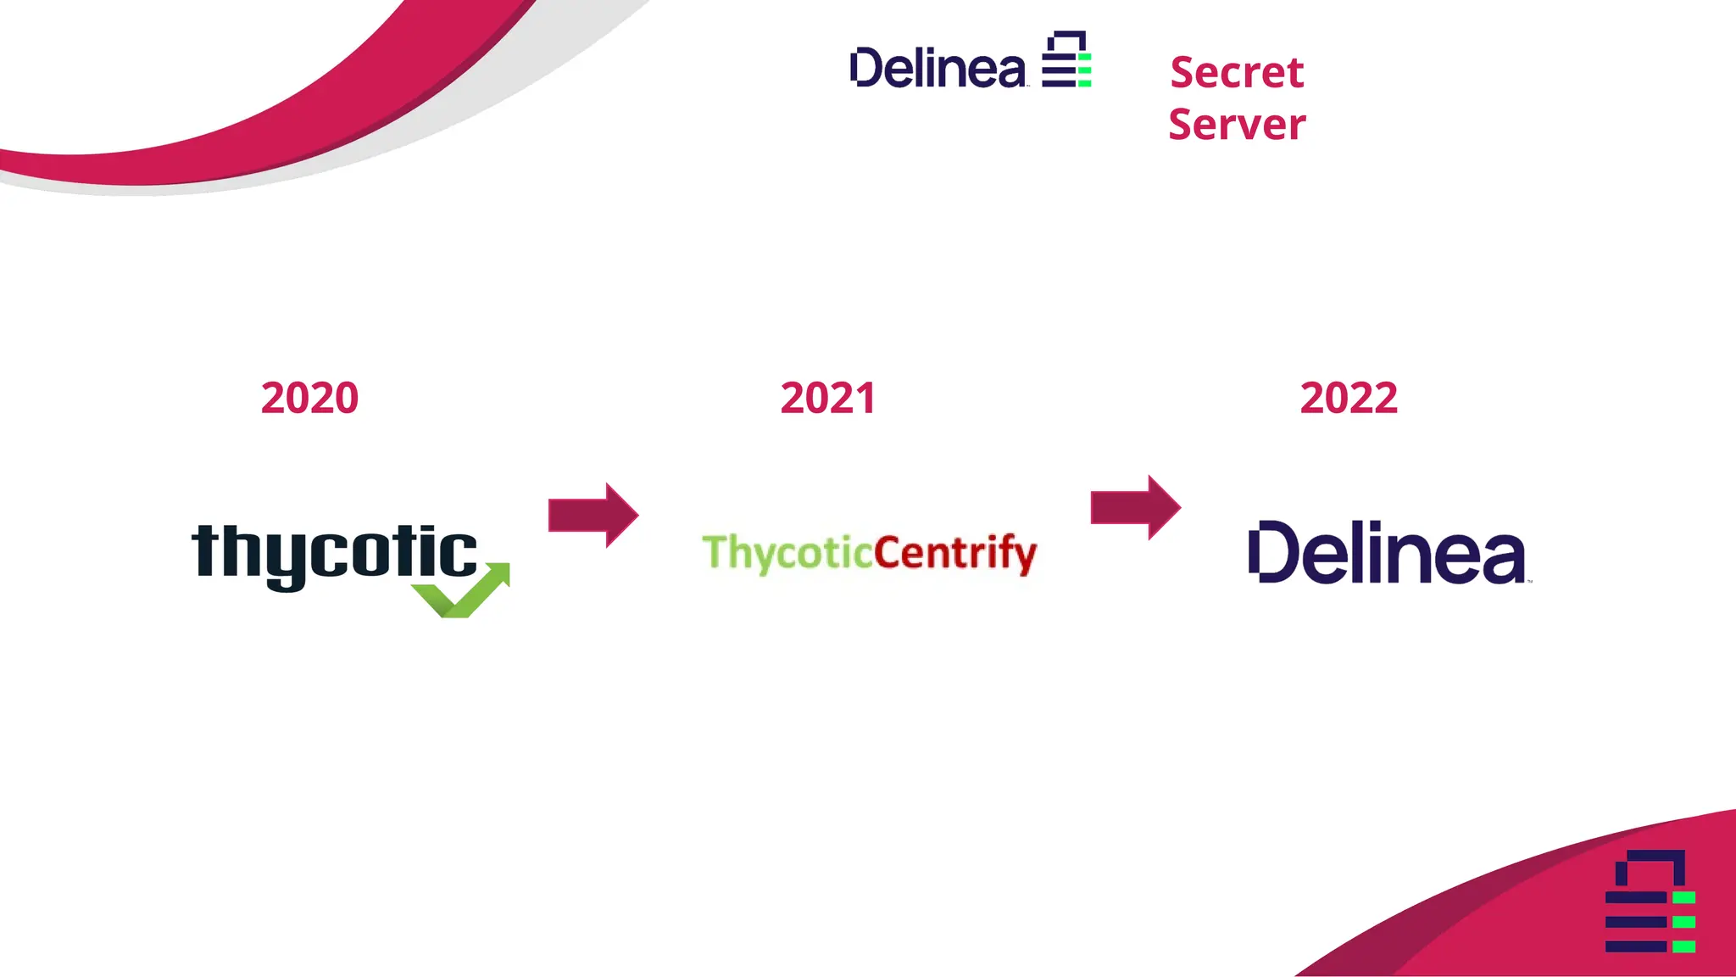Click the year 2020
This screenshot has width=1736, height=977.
pos(309,398)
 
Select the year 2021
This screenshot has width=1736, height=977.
pos(828,398)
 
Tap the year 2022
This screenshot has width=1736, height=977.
pos(1349,398)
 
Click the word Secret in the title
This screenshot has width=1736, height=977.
pos(1237,72)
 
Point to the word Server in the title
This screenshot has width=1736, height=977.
pos(1237,125)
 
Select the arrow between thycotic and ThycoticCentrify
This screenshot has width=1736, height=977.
pos(593,515)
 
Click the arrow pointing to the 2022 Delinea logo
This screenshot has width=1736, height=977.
pos(1135,507)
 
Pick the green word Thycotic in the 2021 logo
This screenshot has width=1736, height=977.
pos(787,552)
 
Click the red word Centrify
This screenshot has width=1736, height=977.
pos(954,553)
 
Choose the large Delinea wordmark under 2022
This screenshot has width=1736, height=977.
pos(1388,553)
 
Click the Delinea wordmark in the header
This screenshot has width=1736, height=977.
pos(938,69)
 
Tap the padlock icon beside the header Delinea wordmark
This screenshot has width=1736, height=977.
pos(1066,59)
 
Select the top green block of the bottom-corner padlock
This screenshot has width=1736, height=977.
pos(1683,897)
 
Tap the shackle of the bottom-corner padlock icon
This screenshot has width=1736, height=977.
pos(1650,865)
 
